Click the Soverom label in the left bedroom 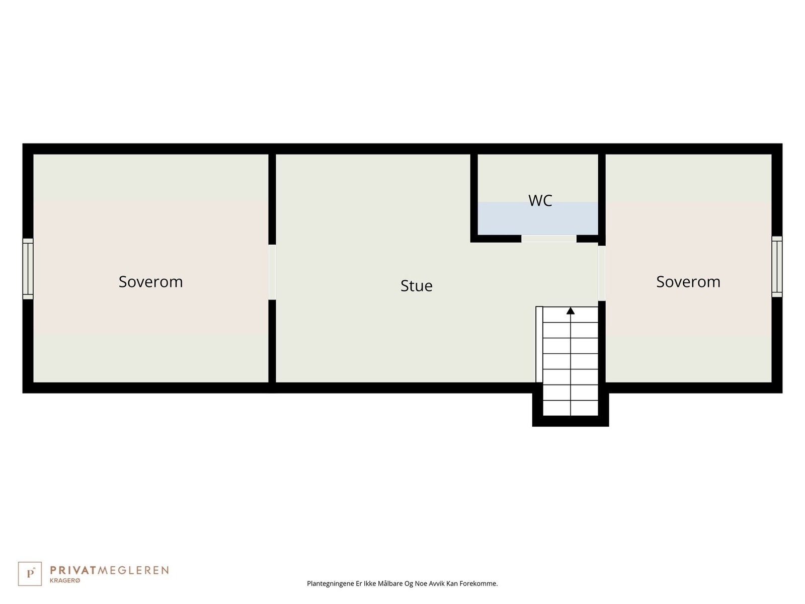150,282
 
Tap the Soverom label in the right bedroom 688,282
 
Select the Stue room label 416,286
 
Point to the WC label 540,201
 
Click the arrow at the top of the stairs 570,311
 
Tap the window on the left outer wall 28,269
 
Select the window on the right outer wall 777,266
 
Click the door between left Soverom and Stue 272,272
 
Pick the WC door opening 548,239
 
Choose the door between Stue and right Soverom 601,273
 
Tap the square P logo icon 30,574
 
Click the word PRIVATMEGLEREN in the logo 109,570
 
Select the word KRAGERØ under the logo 65,581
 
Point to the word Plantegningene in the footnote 330,584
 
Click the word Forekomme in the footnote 478,584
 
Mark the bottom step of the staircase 570,408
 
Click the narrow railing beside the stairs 539,344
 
